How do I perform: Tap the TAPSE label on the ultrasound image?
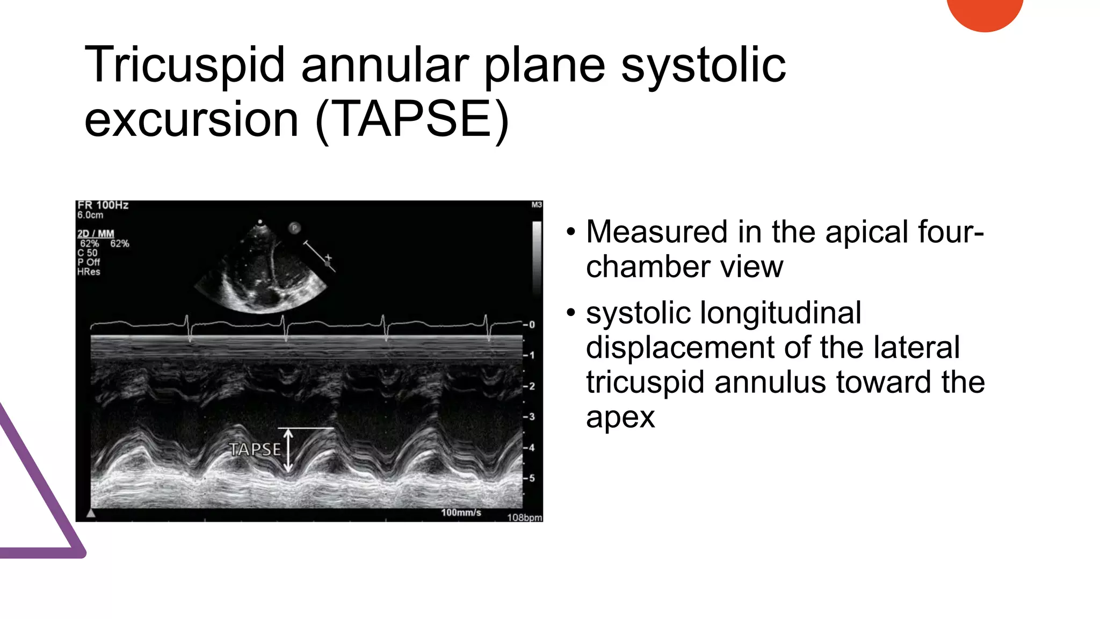pyautogui.click(x=255, y=449)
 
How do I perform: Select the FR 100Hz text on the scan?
pyautogui.click(x=103, y=205)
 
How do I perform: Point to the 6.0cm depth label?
pyautogui.click(x=90, y=215)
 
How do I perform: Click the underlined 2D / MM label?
pyautogui.click(x=96, y=234)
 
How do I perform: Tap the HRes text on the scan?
pyautogui.click(x=89, y=272)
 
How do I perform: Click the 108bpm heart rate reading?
pyautogui.click(x=524, y=517)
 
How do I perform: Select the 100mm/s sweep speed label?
pyautogui.click(x=461, y=513)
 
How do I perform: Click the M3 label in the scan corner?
pyautogui.click(x=536, y=205)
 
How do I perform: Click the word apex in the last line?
pyautogui.click(x=620, y=418)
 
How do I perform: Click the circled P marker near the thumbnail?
pyautogui.click(x=294, y=228)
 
